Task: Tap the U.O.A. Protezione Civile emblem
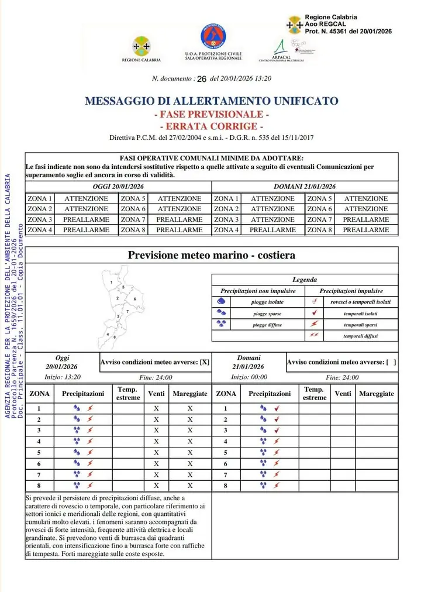(x=213, y=37)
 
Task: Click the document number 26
(x=202, y=78)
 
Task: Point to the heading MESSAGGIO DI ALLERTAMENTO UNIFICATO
(x=211, y=101)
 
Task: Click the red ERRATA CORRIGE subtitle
(x=211, y=126)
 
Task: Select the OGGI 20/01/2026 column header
(x=118, y=187)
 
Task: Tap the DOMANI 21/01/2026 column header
(x=305, y=187)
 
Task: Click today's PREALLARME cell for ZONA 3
(x=86, y=219)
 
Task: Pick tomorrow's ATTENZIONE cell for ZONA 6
(x=365, y=209)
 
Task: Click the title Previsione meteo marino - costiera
(x=211, y=255)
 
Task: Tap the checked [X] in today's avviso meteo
(x=204, y=362)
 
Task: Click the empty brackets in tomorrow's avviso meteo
(x=391, y=362)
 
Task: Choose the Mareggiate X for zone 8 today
(x=190, y=485)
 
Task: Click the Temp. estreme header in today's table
(x=128, y=394)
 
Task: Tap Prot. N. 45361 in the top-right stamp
(x=348, y=31)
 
